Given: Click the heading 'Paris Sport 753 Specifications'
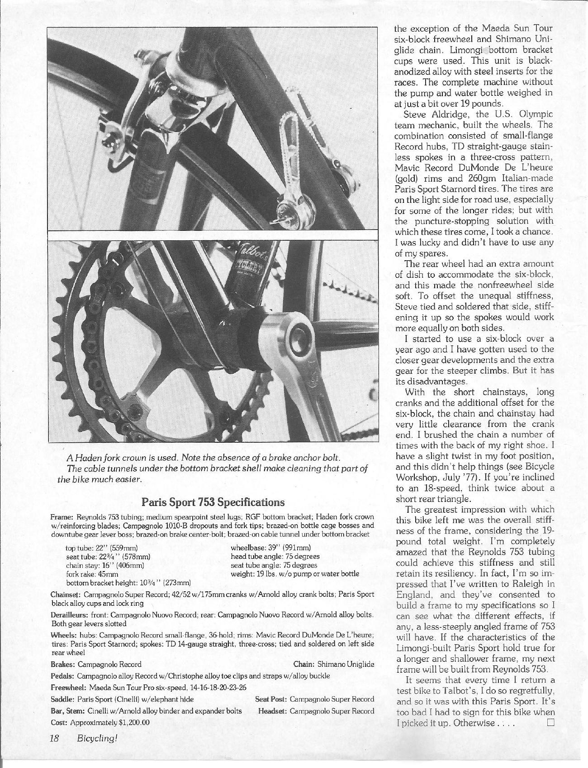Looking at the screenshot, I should [x=213, y=502].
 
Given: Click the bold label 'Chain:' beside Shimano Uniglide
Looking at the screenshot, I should [x=304, y=664].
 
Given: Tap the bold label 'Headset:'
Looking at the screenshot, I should [x=272, y=711].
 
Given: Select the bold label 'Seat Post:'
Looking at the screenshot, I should [x=271, y=699].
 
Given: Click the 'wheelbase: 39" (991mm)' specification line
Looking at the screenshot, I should [x=270, y=548].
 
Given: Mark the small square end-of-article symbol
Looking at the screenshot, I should [x=550, y=722].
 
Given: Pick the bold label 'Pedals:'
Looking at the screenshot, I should [x=63, y=676].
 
